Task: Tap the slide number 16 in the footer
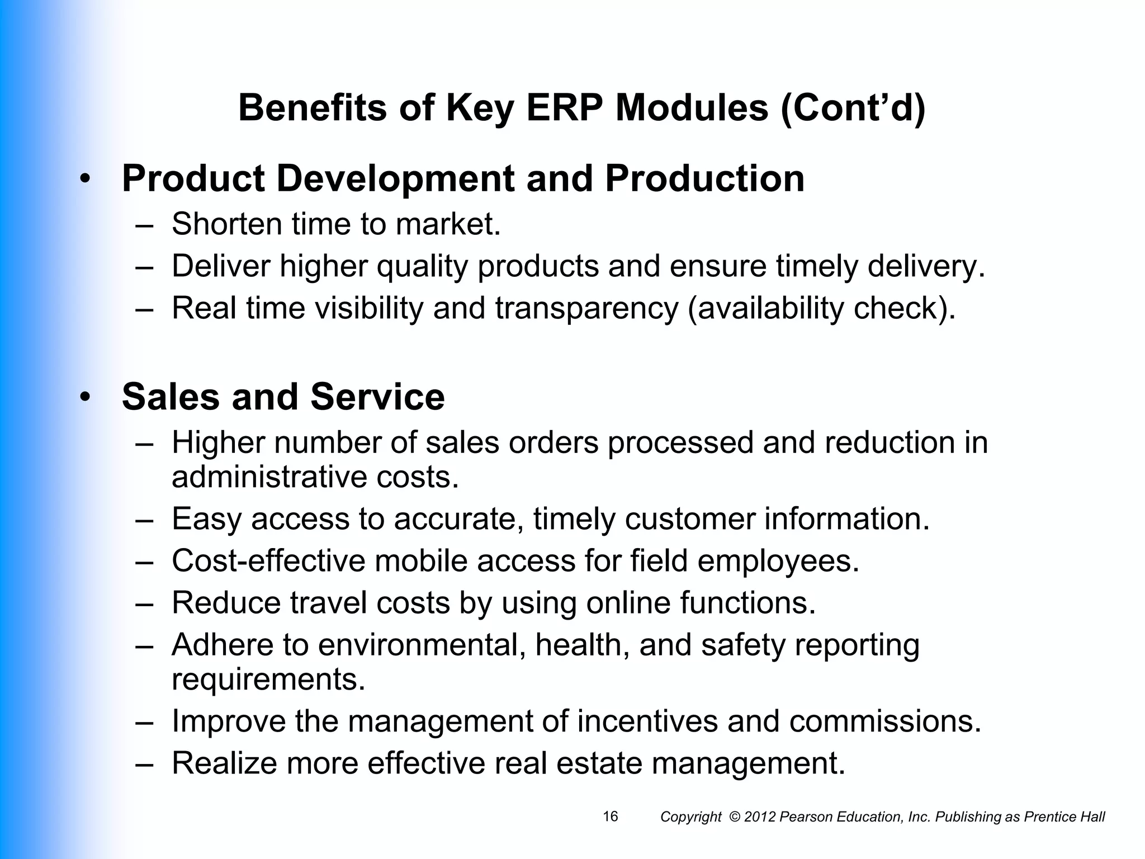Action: click(x=611, y=816)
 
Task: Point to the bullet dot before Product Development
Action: click(x=84, y=180)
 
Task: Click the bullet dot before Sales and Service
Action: click(x=84, y=398)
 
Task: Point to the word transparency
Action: click(x=586, y=309)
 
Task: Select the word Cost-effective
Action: click(x=268, y=561)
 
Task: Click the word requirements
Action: click(x=268, y=679)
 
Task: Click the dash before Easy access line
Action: click(x=144, y=520)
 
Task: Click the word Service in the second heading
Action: click(x=377, y=397)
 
